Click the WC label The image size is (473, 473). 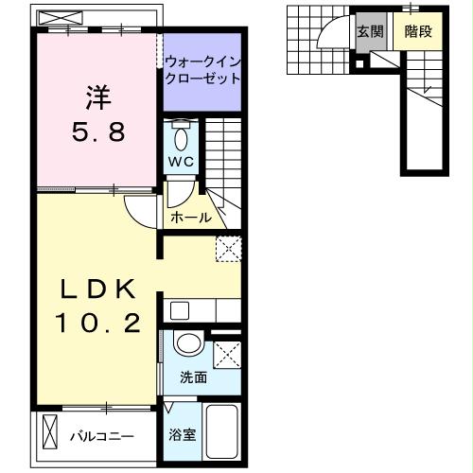click(181, 161)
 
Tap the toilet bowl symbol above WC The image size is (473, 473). click(183, 131)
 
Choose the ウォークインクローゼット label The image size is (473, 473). click(201, 70)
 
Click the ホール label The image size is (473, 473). click(190, 219)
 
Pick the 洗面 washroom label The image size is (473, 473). click(194, 377)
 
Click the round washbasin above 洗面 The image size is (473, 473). click(188, 343)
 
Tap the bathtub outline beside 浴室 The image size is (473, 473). click(222, 433)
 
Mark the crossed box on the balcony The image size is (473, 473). click(50, 437)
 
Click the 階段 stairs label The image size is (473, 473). click(417, 30)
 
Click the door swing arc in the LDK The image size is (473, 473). click(140, 213)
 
